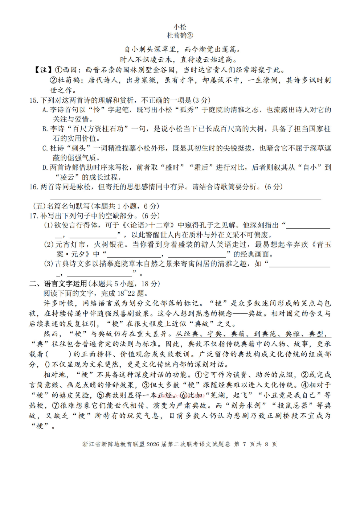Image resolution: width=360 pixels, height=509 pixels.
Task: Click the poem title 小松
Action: coord(180,27)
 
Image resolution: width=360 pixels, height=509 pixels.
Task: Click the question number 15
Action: coord(34,100)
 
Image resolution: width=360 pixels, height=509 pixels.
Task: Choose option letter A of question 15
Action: coord(45,110)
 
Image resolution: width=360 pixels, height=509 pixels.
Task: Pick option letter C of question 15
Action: coord(45,148)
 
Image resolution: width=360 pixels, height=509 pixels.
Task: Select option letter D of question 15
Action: coord(45,168)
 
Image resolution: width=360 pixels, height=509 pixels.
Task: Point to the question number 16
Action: coord(34,187)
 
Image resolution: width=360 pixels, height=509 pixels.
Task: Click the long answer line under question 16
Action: coord(185,198)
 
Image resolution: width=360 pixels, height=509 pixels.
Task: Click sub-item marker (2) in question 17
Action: coord(49,245)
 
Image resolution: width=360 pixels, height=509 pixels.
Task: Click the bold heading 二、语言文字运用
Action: coord(58,284)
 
